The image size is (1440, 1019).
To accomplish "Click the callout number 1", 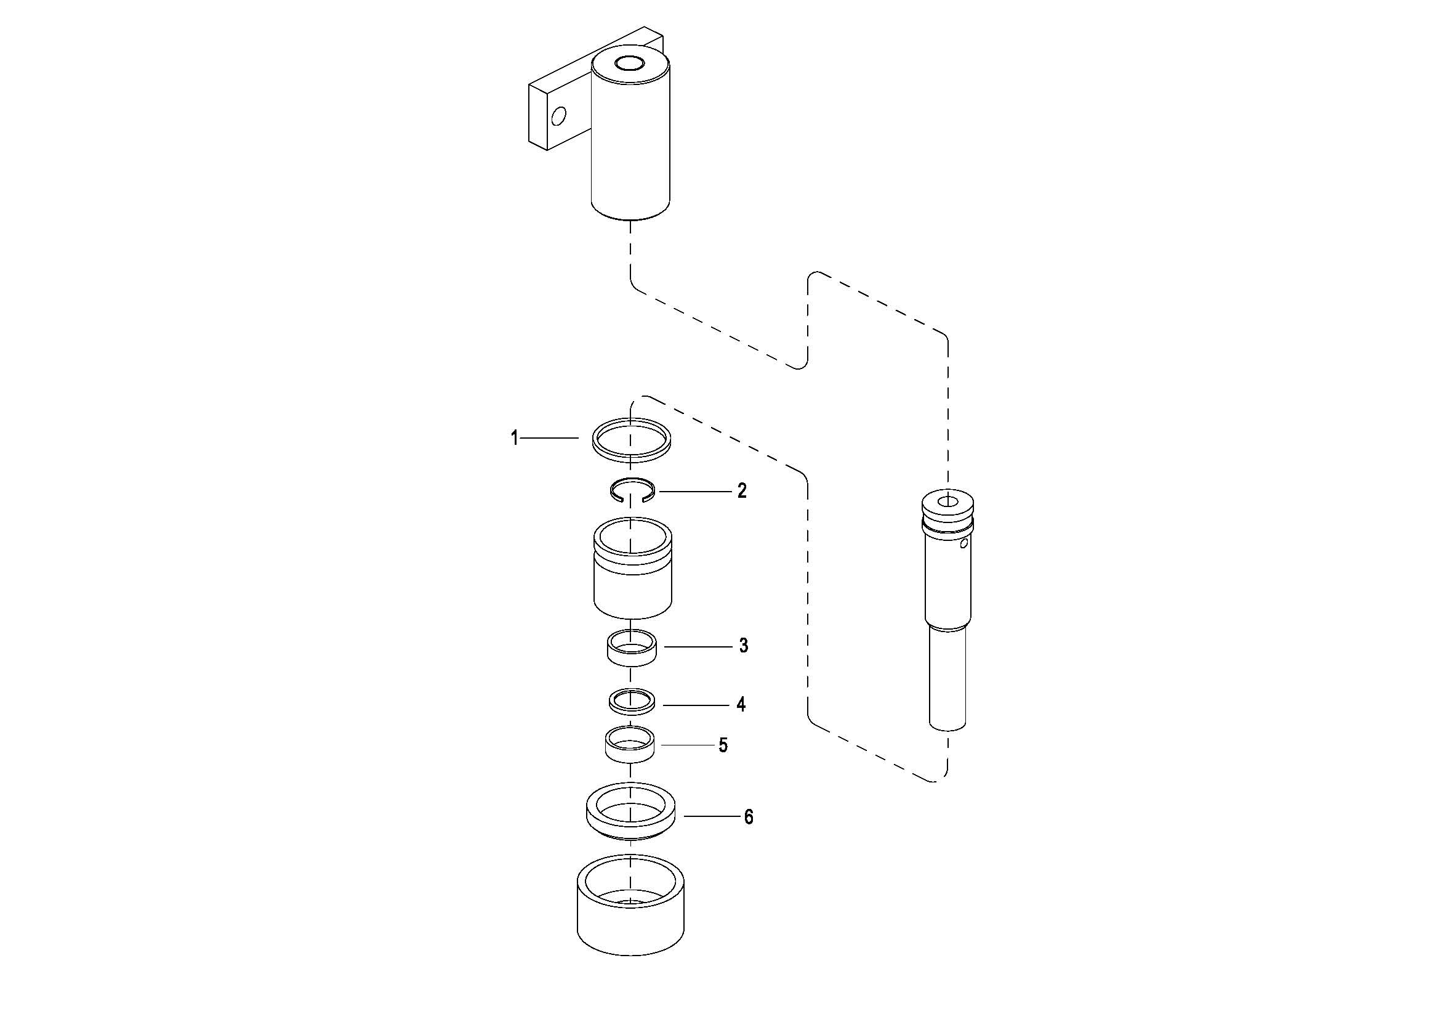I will click(x=514, y=437).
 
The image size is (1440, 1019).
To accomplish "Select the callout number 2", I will click(x=742, y=490).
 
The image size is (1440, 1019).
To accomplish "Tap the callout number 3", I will click(x=743, y=646).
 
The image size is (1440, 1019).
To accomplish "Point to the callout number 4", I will click(x=741, y=705).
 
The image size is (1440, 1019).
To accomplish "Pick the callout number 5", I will click(x=723, y=745).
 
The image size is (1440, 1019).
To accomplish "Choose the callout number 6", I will click(x=748, y=817).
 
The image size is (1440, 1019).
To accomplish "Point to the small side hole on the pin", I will click(x=965, y=543).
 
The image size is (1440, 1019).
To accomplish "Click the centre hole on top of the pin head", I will click(x=947, y=501).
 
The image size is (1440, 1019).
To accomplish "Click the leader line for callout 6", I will click(x=712, y=816).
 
